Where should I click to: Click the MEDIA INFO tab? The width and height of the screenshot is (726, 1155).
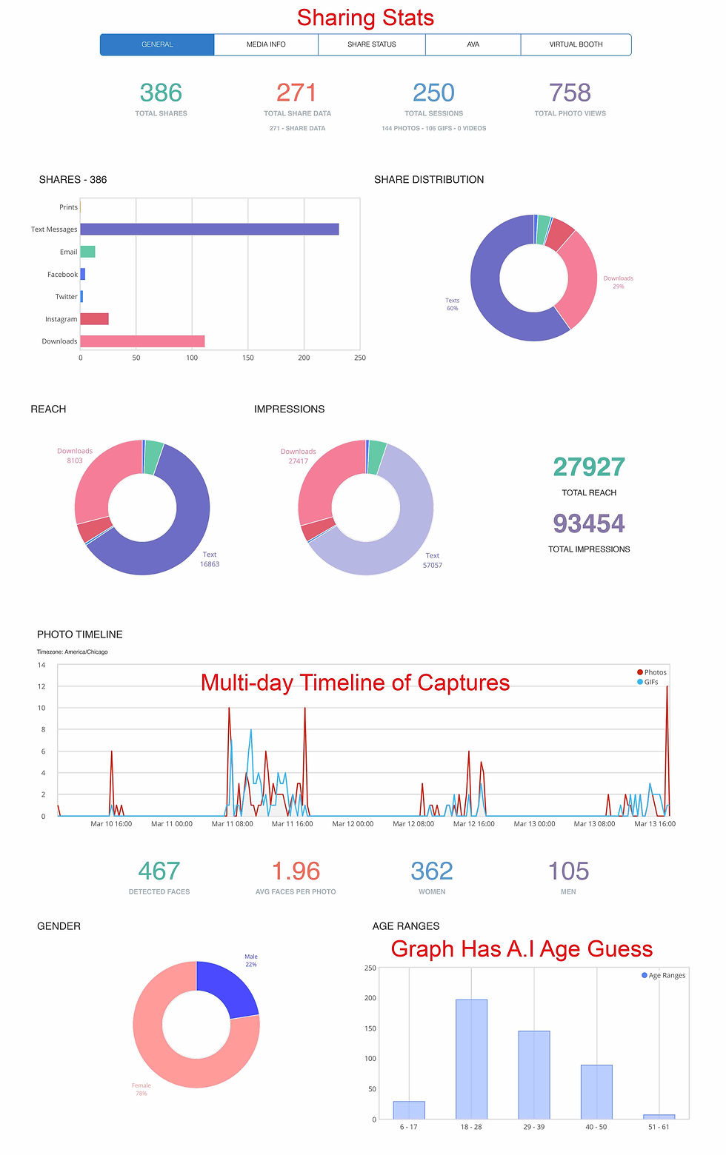(266, 44)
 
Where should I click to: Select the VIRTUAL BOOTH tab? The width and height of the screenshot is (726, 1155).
(576, 44)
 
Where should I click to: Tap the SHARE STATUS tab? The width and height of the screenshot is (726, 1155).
(371, 44)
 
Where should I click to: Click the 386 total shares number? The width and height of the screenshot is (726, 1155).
(161, 93)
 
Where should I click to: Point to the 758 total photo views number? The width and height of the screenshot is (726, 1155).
(570, 93)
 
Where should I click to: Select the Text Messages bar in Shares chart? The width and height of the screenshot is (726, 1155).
(209, 230)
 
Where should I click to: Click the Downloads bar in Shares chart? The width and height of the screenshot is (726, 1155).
(142, 341)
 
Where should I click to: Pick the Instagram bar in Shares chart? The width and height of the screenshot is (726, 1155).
(94, 319)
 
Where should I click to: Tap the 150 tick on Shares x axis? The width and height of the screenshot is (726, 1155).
(247, 358)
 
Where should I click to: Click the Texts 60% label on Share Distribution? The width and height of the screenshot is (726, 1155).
(452, 304)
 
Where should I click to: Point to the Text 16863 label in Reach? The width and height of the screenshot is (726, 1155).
(210, 559)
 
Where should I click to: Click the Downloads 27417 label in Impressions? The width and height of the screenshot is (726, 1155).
(298, 456)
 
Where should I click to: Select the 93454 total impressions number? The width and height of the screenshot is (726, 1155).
(589, 524)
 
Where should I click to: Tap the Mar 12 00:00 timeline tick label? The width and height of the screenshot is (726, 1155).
(353, 823)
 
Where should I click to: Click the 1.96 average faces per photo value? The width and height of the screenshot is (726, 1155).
(296, 871)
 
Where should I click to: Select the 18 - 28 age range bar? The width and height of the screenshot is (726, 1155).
(471, 1059)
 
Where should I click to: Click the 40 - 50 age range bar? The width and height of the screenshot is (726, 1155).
(596, 1091)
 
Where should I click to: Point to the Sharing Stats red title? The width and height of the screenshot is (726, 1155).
(365, 18)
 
